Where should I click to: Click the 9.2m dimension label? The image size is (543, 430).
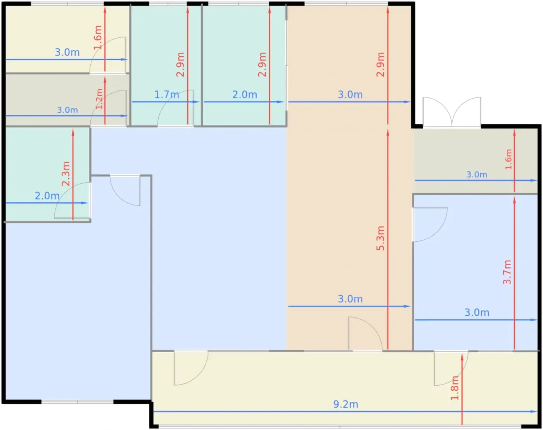coord(346,404)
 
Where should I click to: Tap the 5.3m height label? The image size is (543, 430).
coord(380,238)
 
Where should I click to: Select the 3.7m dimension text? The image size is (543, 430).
coord(507,272)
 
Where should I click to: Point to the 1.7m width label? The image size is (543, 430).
coord(166,94)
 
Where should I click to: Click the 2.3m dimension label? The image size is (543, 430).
coord(66,173)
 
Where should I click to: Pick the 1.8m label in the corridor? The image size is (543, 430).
coord(455,388)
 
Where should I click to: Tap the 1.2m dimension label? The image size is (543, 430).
coord(99,99)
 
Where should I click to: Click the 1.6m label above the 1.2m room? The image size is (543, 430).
coord(98,37)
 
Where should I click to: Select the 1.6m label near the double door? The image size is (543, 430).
coord(508,159)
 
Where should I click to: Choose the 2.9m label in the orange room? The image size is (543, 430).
coord(380,64)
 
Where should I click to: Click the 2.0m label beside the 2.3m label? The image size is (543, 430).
coord(47,196)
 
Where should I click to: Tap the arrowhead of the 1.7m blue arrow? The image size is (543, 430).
coord(196,102)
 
